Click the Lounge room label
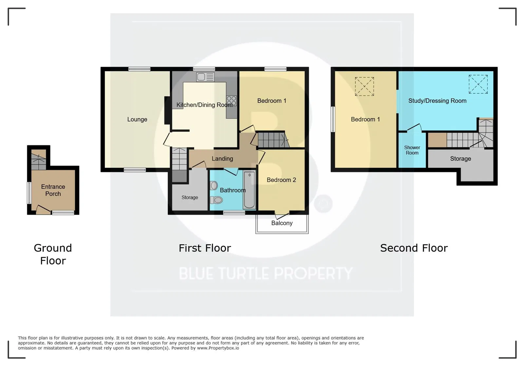(137, 119)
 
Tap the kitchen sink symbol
(205, 77)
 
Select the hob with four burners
(231, 101)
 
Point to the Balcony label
(282, 223)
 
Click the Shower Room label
(412, 150)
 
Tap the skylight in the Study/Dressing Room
(478, 84)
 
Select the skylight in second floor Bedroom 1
(365, 86)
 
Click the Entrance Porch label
(53, 190)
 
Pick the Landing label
(222, 159)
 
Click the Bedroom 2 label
(281, 180)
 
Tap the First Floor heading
(205, 248)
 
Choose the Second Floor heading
(414, 248)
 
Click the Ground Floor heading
(53, 254)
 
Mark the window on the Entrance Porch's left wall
(29, 193)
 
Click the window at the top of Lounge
(139, 69)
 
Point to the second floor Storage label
(460, 159)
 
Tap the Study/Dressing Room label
(437, 101)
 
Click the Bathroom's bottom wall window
(234, 213)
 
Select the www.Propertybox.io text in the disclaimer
(218, 348)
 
